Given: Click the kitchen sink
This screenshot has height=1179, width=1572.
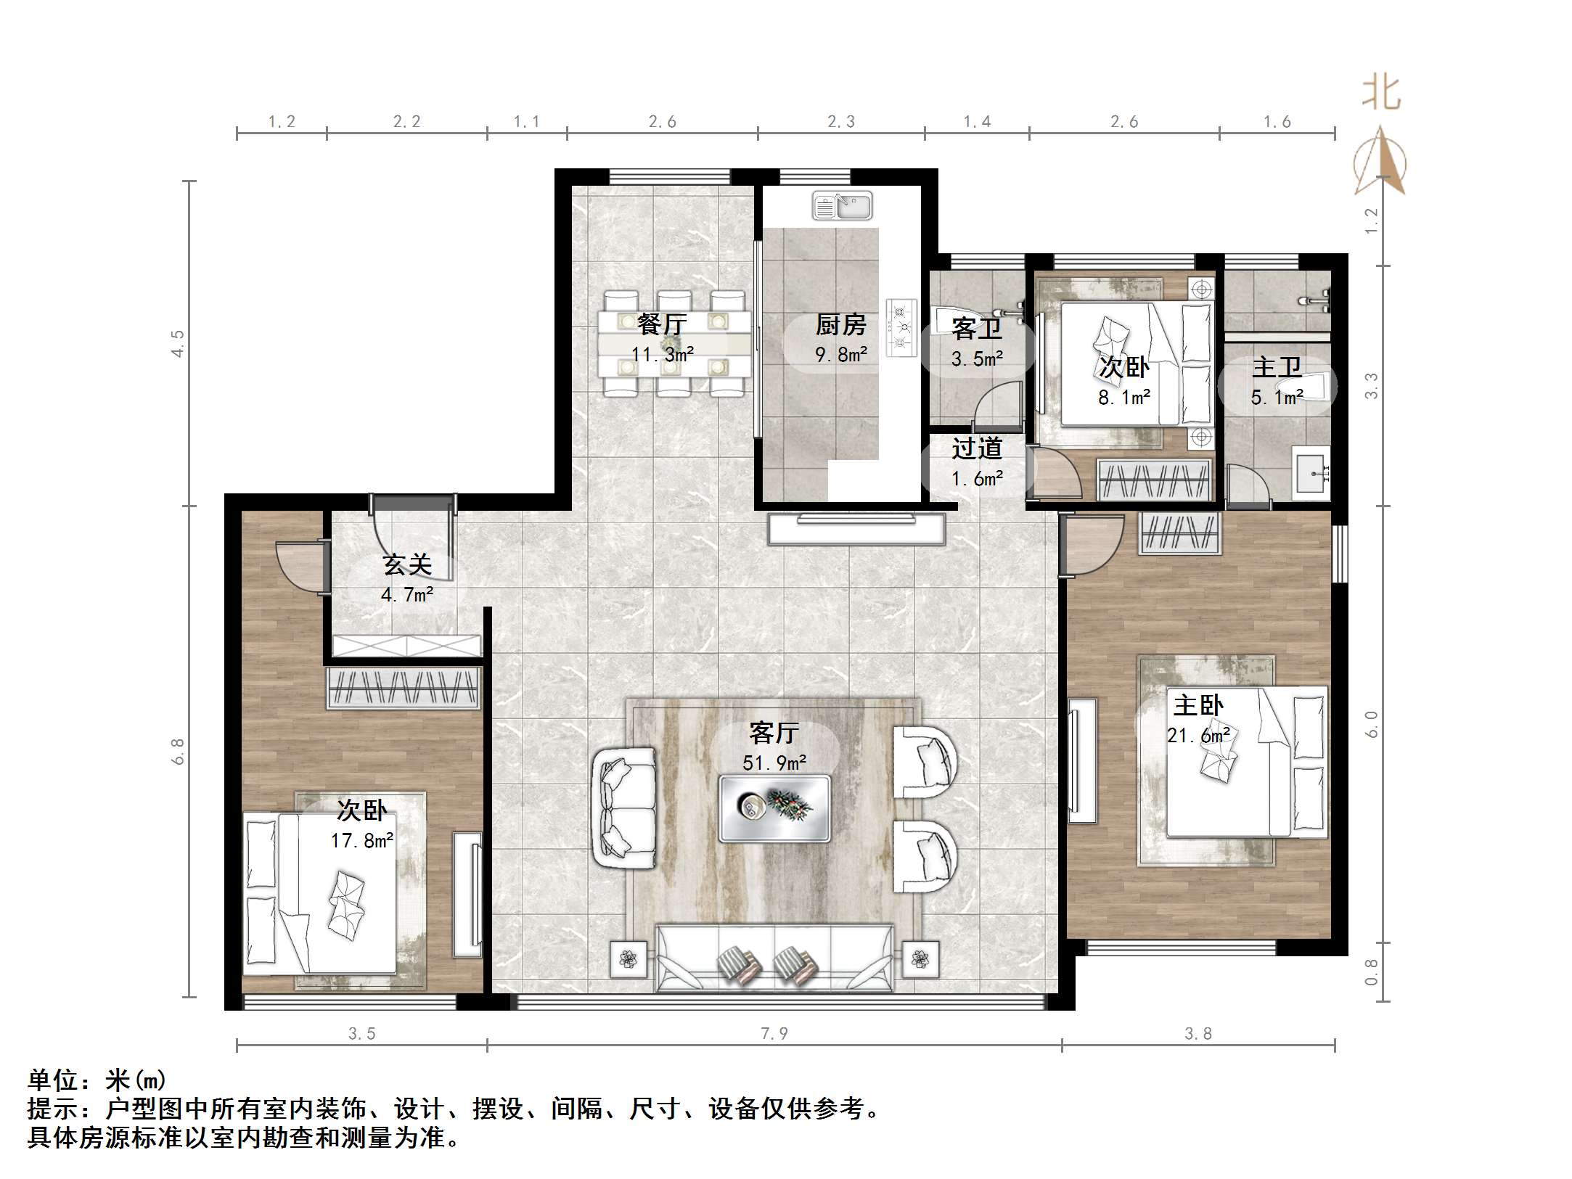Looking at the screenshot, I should pos(842,206).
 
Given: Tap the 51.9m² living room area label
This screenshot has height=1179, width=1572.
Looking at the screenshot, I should pos(774,763).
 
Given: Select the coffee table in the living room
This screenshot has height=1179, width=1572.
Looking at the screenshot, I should pos(774,808).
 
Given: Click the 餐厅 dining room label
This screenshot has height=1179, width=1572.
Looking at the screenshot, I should pos(661,324).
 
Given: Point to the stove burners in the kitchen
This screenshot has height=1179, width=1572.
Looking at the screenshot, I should pos(901,327).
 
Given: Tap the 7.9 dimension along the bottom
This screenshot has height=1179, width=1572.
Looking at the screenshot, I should pos(774,1033).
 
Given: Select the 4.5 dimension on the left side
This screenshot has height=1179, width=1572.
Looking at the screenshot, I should pos(178,342).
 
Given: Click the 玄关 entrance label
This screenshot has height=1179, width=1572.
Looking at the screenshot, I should pos(407,564).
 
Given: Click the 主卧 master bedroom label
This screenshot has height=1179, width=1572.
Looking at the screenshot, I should pos(1198,705).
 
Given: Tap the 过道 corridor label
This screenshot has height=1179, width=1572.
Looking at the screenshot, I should pos(977,448).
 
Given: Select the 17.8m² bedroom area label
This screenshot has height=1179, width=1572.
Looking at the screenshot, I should pos(362,841).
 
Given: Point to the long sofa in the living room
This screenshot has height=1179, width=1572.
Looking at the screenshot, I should pos(774,958).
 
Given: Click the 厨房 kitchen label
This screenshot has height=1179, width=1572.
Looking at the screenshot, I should pos(840,324).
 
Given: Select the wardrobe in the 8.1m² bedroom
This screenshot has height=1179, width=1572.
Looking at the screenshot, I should pos(1155,480).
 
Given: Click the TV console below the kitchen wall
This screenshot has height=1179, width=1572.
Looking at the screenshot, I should pos(856,529).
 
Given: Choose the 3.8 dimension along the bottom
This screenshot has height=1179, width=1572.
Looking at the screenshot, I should pos(1198,1033).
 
